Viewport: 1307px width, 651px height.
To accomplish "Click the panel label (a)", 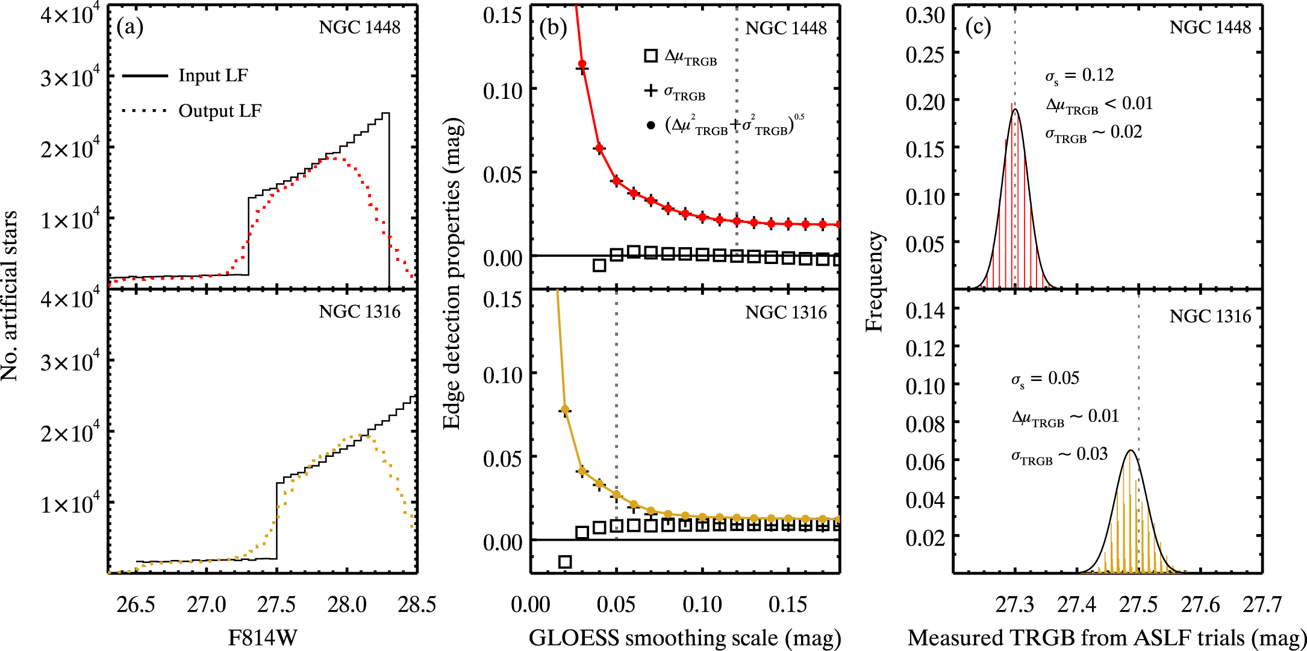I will (x=130, y=28).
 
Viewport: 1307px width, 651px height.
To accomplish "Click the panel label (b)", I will (x=554, y=28).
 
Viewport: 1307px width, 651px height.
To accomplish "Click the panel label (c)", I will (x=978, y=28).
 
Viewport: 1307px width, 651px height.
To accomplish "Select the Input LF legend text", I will (x=213, y=76).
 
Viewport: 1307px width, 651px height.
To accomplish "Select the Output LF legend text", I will (x=220, y=112).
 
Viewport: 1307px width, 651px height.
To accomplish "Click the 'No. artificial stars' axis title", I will (x=10, y=295).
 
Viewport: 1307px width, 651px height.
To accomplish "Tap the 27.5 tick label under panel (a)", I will (x=276, y=605).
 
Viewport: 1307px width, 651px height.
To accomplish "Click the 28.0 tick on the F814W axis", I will (x=347, y=605).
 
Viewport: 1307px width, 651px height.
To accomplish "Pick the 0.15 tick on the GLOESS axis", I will (x=788, y=605).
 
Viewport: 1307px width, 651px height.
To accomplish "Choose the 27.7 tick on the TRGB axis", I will (x=1262, y=605).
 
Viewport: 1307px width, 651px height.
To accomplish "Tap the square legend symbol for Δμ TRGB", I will (x=650, y=56).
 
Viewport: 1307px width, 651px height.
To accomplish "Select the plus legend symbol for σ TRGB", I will (x=650, y=91).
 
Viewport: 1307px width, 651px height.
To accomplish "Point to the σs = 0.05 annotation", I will (x=1045, y=379).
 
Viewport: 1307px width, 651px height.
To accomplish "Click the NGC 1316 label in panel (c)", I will (x=1210, y=316).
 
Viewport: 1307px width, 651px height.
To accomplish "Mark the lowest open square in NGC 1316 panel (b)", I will (x=565, y=562).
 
